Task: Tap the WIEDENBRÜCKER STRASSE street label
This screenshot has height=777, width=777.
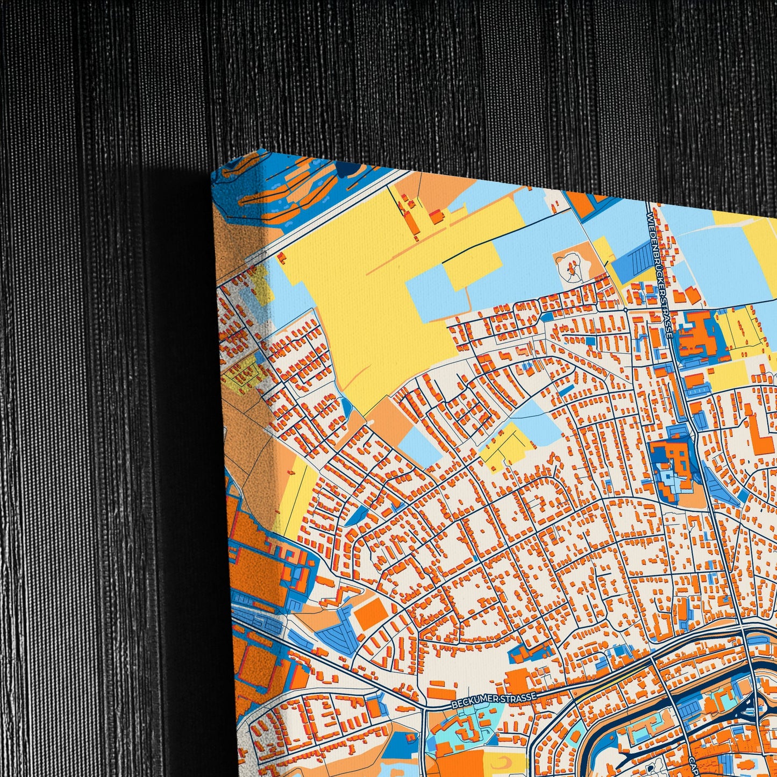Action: tap(659, 274)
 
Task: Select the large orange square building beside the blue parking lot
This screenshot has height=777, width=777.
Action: tap(372, 613)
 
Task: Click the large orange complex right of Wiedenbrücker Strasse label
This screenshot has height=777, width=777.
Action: tap(696, 333)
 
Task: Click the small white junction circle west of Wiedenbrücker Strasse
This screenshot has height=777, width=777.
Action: tap(626, 310)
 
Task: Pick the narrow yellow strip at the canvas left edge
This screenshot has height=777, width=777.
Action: tap(295, 495)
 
